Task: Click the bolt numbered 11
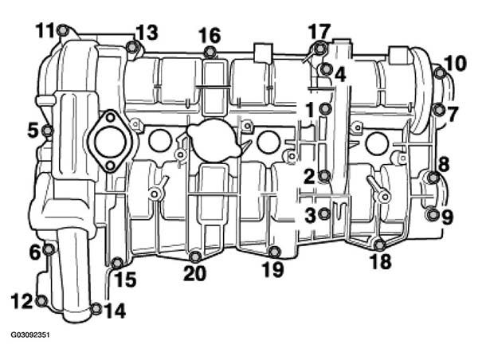[x=62, y=30]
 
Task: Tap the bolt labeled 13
[x=131, y=47]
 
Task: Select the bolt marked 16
[x=210, y=52]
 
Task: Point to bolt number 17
[x=319, y=49]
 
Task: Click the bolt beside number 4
[x=326, y=69]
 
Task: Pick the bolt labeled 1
[x=326, y=108]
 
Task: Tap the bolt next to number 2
[x=324, y=176]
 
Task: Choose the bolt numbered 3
[x=324, y=213]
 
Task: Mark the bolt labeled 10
[x=439, y=72]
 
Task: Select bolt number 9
[x=432, y=215]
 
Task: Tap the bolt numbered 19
[x=276, y=251]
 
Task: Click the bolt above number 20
[x=195, y=256]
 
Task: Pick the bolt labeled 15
[x=117, y=263]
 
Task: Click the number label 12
[x=22, y=301]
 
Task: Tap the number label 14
[x=115, y=311]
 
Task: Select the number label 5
[x=33, y=131]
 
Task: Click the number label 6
[x=35, y=252]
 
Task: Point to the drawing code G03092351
[x=30, y=335]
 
